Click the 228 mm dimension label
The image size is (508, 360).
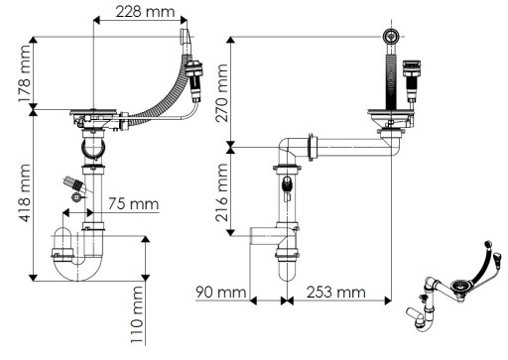coord(145,12)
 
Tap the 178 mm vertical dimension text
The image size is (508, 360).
coord(25,73)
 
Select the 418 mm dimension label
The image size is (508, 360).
coord(25,192)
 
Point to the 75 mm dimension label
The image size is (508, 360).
coord(134,203)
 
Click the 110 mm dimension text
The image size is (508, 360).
coord(137,315)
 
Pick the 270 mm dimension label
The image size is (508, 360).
coord(221,93)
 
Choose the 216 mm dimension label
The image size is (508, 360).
coord(221,192)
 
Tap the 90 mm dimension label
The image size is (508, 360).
coord(220,293)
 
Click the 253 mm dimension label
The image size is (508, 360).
coord(336,293)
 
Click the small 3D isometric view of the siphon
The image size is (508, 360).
coord(454,286)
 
